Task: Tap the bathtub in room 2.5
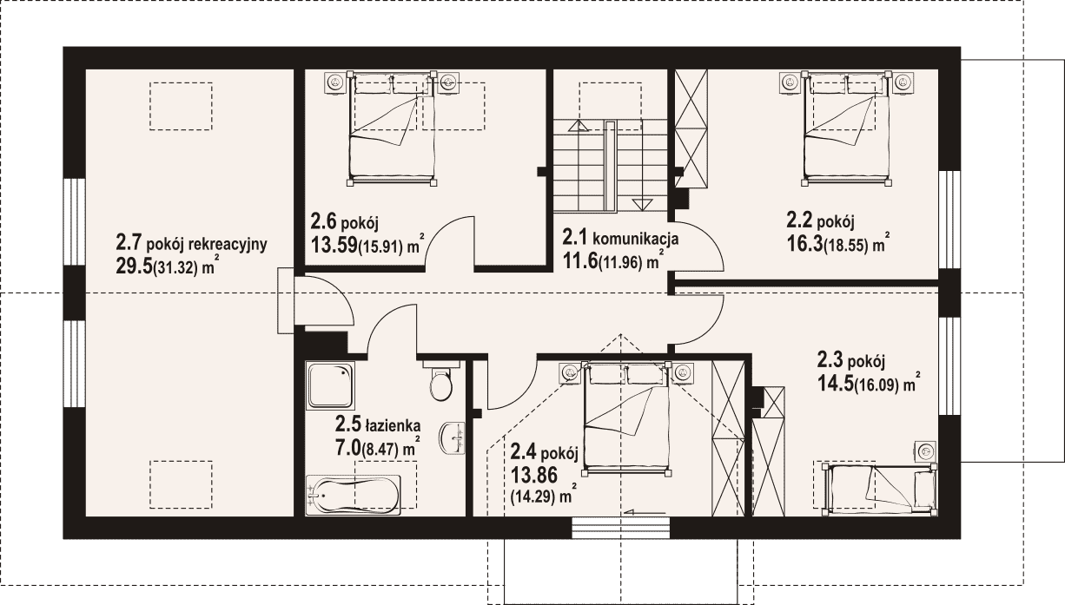coord(353,495)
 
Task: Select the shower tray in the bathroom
coord(331,385)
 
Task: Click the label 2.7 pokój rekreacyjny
coord(191,244)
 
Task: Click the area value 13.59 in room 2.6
coord(334,245)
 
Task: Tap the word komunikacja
coord(635,238)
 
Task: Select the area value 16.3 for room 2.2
coord(804,244)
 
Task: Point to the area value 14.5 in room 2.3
coord(835,384)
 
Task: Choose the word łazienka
coord(393,424)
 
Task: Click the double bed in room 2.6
coord(392,128)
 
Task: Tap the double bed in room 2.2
coord(846,128)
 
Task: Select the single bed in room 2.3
coord(880,488)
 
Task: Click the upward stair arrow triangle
coord(579,126)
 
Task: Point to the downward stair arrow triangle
coord(641,205)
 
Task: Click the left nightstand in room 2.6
coord(336,82)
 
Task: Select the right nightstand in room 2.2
coord(903,82)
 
